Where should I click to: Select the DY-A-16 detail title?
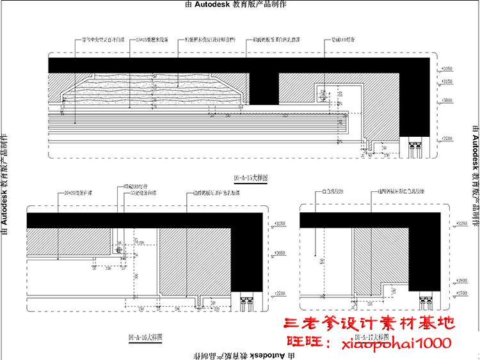147,336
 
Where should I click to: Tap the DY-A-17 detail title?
369,336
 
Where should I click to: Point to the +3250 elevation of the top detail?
447,68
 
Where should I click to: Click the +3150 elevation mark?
447,82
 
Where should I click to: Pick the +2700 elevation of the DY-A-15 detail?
447,139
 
